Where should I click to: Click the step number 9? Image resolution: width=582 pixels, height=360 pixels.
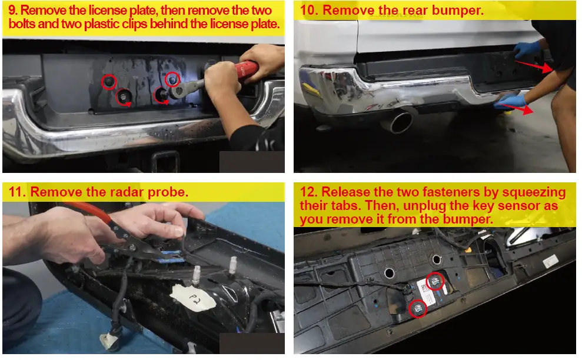point(13,11)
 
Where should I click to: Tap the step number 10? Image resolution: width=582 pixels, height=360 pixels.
point(309,10)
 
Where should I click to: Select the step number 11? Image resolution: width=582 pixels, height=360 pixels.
point(17,192)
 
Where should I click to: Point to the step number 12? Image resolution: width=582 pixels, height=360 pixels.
point(309,192)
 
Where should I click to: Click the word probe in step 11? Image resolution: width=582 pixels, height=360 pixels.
point(168,192)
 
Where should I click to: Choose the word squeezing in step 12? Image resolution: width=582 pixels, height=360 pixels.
point(534,192)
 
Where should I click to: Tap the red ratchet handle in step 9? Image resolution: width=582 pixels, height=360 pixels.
point(247,69)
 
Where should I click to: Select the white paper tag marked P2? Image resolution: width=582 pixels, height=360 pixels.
point(193,298)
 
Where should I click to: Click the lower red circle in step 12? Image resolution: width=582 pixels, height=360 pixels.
point(418,309)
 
